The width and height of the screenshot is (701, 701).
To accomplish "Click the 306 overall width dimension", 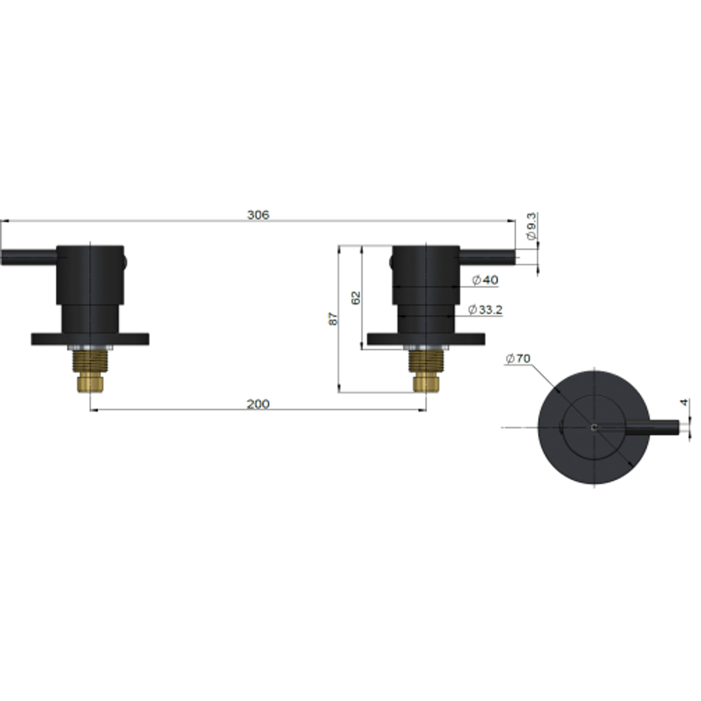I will (x=258, y=215).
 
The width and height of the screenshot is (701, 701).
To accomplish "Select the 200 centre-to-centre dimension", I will (x=258, y=404).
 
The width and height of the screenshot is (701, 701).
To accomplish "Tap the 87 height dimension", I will (x=334, y=319).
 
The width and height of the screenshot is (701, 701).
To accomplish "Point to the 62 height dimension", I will (x=355, y=298).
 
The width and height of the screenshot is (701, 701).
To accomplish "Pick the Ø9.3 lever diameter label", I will (x=532, y=227).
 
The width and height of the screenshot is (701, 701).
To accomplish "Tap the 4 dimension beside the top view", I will (x=683, y=402).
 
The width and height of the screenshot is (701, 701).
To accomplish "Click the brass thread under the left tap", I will (x=90, y=370).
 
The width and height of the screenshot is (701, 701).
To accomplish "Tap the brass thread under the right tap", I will (x=426, y=370).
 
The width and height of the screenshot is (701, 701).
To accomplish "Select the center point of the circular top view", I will (x=594, y=426).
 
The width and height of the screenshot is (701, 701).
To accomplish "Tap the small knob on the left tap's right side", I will (x=125, y=262).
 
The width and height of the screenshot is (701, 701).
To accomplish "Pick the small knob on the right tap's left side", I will (x=391, y=262).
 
